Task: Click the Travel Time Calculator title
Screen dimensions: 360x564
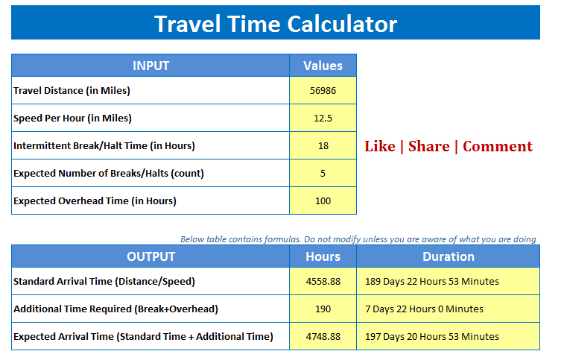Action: [275, 24]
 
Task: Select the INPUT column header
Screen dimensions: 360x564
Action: [150, 66]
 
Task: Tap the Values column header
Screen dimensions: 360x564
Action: [323, 66]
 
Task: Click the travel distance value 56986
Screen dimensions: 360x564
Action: [323, 91]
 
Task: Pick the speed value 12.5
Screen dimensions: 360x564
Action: [323, 119]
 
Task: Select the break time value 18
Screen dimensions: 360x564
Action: [323, 146]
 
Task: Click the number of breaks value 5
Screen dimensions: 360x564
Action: [323, 174]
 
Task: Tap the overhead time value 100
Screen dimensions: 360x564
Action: [323, 201]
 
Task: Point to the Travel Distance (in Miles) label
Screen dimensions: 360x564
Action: [72, 91]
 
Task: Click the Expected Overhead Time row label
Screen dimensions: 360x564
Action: [95, 201]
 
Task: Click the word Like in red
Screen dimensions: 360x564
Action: [379, 146]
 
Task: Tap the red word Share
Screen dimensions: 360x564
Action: [428, 146]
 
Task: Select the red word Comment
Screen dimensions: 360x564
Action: [498, 146]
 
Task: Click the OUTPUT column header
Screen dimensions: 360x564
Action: [150, 256]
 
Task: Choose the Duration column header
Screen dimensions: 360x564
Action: [448, 256]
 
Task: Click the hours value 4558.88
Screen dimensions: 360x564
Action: [323, 282]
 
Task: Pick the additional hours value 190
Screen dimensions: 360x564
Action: [323, 309]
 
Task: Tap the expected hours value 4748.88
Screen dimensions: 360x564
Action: [323, 337]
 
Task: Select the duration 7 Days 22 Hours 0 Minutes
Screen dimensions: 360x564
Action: [424, 309]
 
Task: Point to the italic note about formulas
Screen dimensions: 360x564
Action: [358, 239]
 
